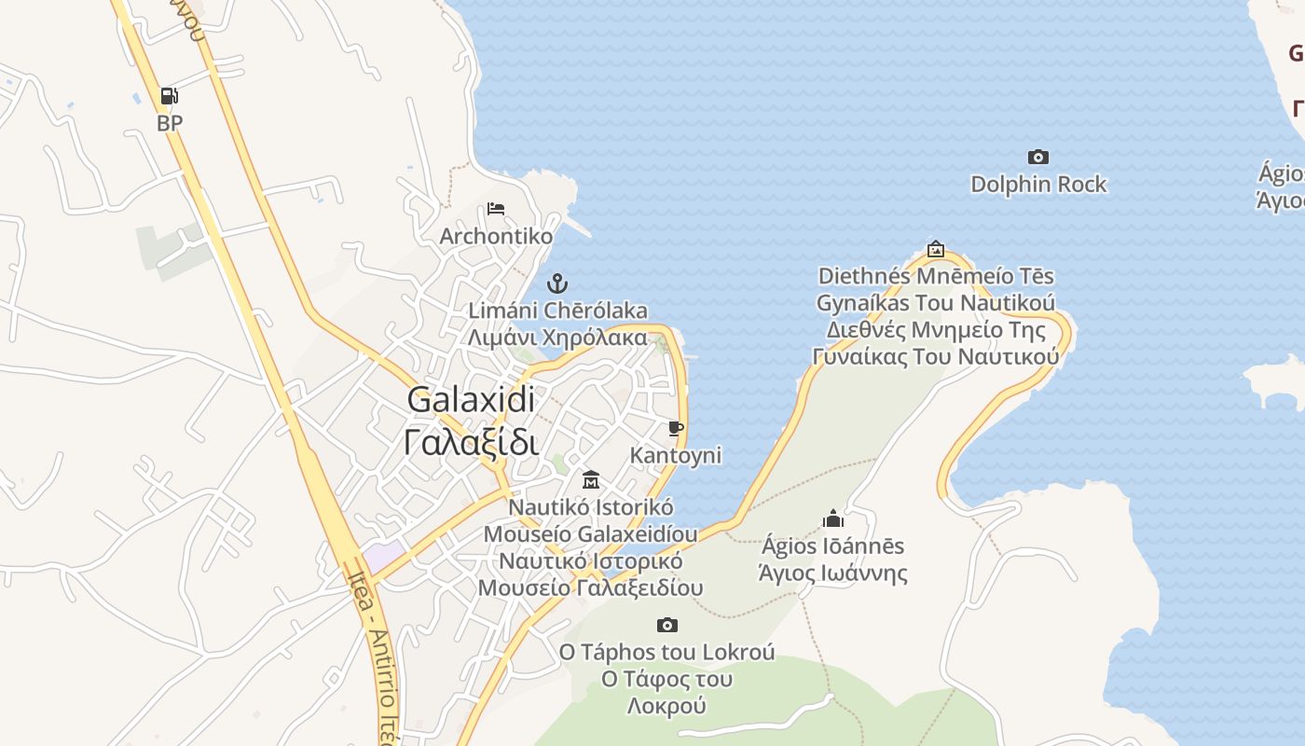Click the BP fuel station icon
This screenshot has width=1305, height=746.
169,96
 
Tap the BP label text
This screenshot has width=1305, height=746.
170,122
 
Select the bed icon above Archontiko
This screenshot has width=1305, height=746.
496,209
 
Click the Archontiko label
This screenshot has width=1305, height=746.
496,236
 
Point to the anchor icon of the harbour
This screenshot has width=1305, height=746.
557,283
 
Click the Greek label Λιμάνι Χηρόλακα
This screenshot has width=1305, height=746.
557,337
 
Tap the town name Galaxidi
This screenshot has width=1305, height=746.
472,399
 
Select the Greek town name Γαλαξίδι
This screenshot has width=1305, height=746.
472,440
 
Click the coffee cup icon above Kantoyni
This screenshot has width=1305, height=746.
676,429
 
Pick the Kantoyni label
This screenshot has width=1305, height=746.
676,455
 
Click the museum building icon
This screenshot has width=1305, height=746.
591,480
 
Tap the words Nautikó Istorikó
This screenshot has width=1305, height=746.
591,507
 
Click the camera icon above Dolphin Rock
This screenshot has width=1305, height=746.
1037,158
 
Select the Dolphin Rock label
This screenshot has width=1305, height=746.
1038,184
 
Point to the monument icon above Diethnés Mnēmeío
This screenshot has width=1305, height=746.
936,250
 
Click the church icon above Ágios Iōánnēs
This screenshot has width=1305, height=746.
833,518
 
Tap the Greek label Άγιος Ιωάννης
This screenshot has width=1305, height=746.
833,572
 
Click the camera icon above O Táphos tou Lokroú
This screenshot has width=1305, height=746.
666,625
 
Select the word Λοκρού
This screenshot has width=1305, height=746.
666,705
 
